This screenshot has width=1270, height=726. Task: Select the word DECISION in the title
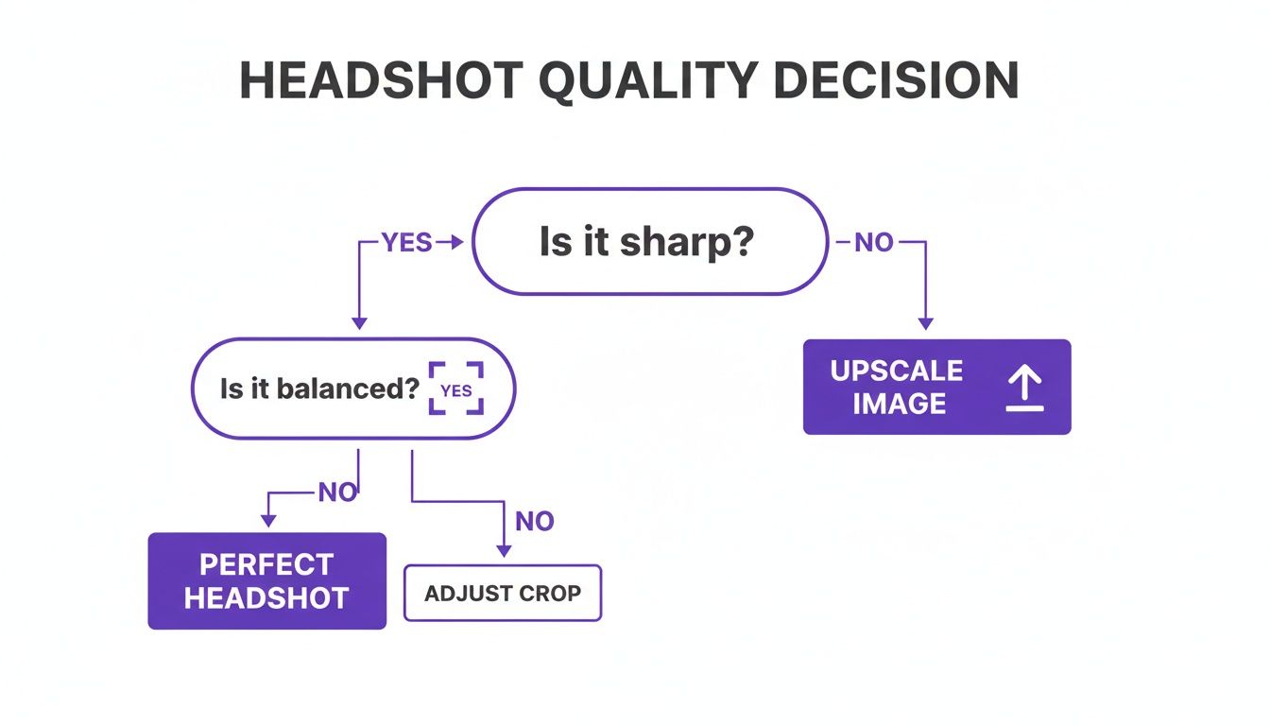tap(896, 80)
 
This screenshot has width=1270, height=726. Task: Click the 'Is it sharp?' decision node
tap(648, 242)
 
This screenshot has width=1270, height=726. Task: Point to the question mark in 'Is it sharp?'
tap(744, 242)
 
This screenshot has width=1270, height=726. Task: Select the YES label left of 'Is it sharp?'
tap(406, 243)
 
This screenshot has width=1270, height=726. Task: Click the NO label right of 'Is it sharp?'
tap(873, 243)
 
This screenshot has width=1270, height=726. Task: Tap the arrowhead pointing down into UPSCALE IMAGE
tap(925, 323)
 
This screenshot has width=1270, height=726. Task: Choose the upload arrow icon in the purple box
tap(1024, 388)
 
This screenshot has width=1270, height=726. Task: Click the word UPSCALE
tap(896, 371)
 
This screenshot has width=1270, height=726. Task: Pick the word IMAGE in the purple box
tap(899, 404)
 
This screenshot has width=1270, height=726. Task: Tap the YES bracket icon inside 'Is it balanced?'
tap(456, 389)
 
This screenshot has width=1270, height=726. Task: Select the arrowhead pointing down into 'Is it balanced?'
tap(359, 323)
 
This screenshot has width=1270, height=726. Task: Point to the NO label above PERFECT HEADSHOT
tap(337, 493)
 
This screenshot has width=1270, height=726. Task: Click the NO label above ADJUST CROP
tap(534, 521)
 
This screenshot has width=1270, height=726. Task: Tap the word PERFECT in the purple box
tap(266, 564)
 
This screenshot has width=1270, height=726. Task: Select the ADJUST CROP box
tap(502, 594)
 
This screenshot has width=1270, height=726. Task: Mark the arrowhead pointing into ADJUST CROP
tap(503, 550)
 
